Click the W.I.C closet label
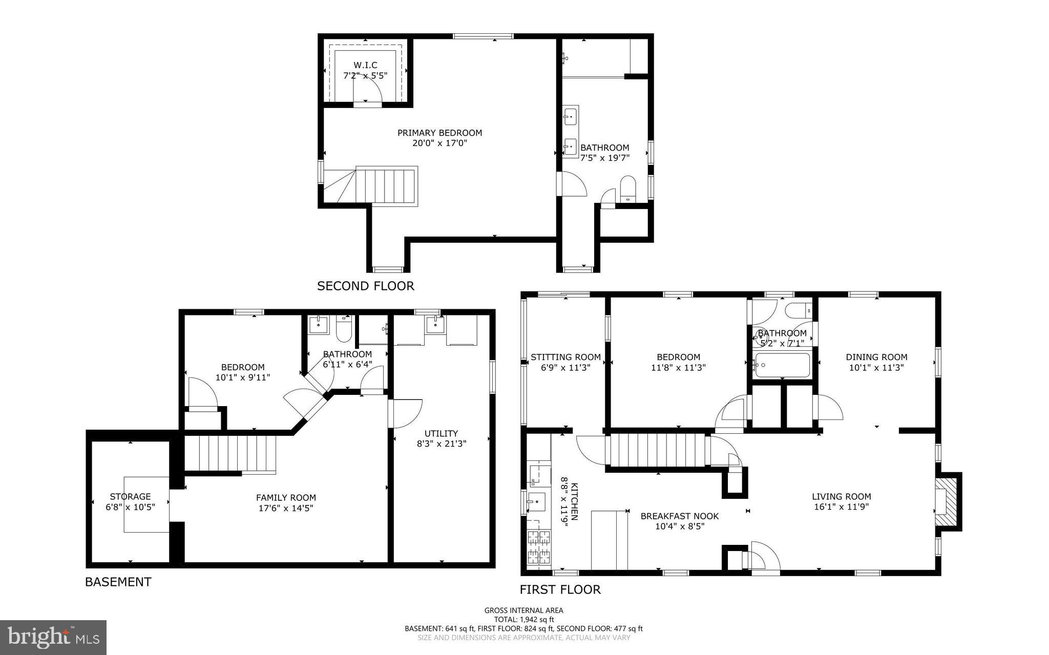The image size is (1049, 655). (365, 66)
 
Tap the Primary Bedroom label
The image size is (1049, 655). (439, 133)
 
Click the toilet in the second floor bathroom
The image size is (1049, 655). (627, 188)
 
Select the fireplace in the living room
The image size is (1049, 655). (947, 501)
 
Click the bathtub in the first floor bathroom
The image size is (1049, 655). (782, 365)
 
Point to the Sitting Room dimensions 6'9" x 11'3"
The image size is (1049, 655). (565, 368)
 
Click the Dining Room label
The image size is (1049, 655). (876, 357)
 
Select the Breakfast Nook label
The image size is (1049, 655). (679, 516)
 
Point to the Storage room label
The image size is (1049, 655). (130, 496)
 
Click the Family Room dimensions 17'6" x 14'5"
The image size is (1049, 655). (286, 508)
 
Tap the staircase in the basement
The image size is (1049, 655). (230, 453)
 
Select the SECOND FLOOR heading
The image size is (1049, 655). (365, 286)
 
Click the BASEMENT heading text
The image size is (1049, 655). (118, 582)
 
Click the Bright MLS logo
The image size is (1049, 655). (53, 637)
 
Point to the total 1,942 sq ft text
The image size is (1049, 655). (523, 619)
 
